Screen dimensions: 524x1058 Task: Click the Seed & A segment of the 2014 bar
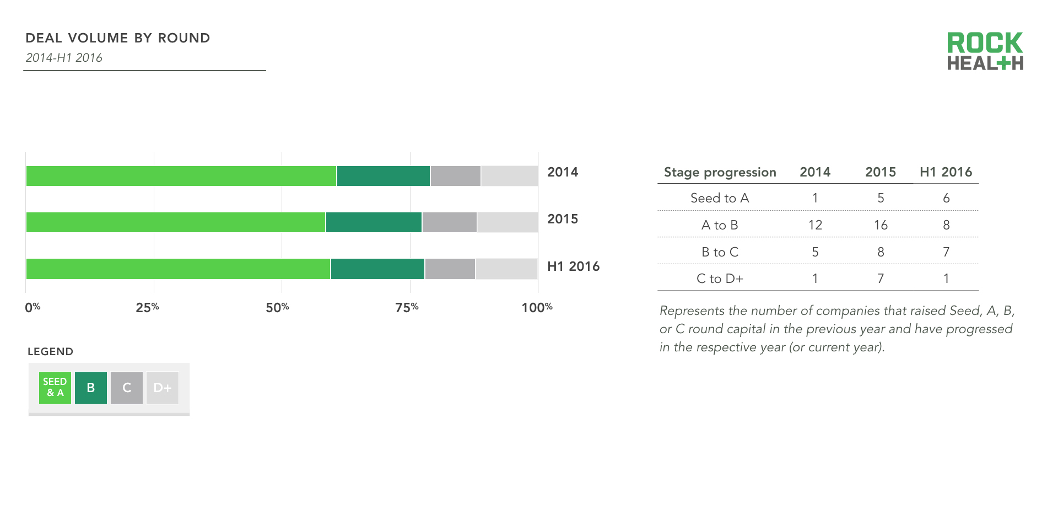click(181, 176)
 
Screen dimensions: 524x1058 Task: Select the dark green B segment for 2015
click(374, 222)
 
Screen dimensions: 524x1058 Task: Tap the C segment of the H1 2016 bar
click(450, 269)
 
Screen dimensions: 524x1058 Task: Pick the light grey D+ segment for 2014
click(509, 176)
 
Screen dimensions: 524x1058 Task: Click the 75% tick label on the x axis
click(407, 307)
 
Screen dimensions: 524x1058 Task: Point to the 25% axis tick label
click(147, 307)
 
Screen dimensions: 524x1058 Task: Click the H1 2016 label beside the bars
click(573, 266)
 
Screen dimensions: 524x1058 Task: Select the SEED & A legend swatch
click(55, 387)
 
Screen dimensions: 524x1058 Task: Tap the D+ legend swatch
click(162, 387)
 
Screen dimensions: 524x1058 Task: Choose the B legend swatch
click(91, 387)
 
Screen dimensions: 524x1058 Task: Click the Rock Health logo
click(985, 51)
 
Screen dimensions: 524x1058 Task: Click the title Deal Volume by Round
click(118, 38)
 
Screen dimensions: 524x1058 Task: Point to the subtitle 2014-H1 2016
click(64, 58)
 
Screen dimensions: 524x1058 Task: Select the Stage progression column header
click(720, 172)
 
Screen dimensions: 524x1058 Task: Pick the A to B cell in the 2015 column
click(880, 225)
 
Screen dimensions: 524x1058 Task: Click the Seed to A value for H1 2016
click(946, 198)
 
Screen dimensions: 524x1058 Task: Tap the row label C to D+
click(720, 279)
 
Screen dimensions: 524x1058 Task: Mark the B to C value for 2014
click(815, 252)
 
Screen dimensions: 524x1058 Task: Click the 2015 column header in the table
click(880, 172)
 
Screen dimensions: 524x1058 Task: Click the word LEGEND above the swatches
click(50, 351)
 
